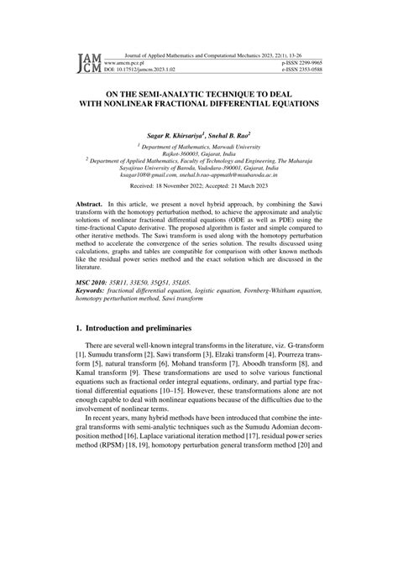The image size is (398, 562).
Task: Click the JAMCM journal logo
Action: click(89, 61)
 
